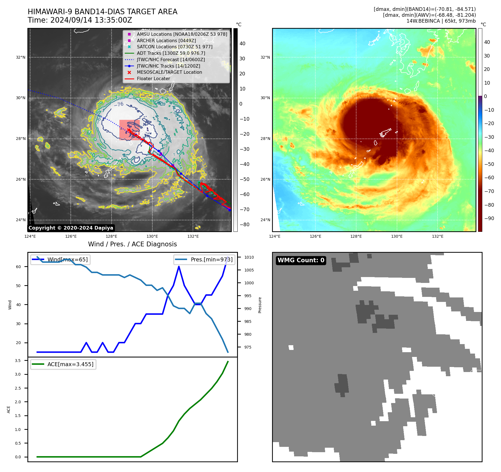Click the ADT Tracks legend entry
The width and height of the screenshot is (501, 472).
171,53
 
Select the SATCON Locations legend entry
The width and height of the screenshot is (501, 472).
174,47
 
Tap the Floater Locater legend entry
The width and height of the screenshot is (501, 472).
153,78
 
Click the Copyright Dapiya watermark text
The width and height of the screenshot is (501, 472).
71,228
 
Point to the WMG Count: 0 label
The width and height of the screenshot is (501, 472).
301,260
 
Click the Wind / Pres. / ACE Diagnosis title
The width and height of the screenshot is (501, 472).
132,244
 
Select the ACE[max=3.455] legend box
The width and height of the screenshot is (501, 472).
63,364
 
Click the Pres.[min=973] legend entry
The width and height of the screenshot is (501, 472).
204,259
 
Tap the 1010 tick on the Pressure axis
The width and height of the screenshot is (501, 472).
249,257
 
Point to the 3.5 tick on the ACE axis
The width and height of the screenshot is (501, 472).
18,361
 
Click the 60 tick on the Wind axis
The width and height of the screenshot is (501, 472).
18,267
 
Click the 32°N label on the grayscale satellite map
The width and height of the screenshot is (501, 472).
21,57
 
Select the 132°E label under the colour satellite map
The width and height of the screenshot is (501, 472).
438,236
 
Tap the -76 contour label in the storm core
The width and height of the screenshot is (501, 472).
119,104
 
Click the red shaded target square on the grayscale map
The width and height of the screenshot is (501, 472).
129,130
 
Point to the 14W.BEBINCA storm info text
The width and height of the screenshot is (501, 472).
441,21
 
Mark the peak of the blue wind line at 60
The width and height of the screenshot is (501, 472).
179,266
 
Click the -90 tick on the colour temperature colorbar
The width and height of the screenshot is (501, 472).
489,218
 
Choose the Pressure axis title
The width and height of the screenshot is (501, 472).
260,305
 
